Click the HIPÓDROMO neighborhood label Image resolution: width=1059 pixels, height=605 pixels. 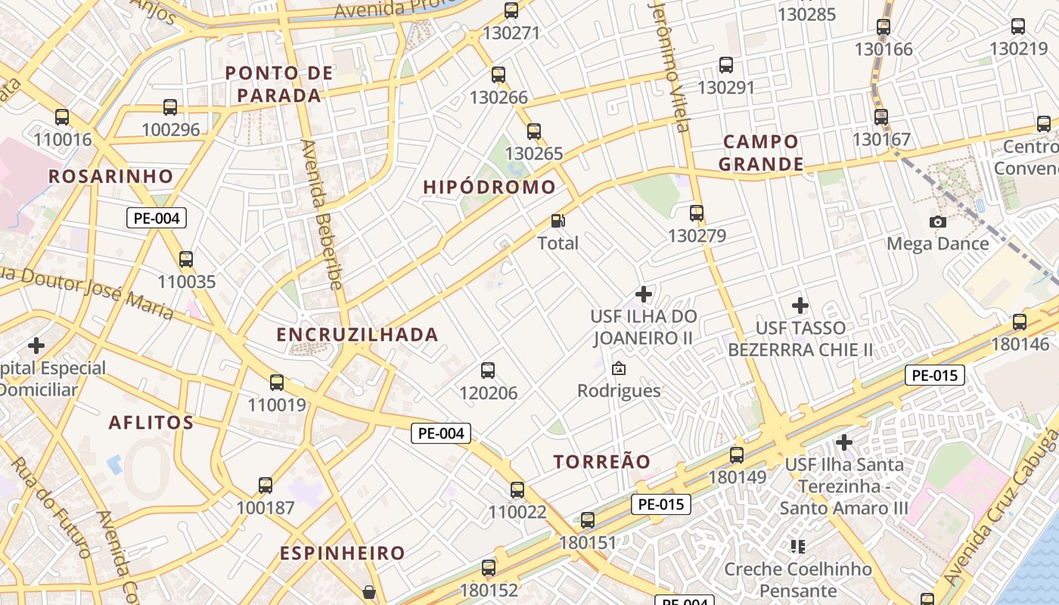(x=489, y=188)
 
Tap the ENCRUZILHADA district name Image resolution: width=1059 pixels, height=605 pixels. (x=357, y=334)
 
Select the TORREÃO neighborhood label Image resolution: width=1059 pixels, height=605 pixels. (x=601, y=461)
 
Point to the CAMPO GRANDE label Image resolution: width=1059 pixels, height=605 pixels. (x=760, y=153)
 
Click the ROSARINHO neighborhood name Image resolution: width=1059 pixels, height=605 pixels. (x=111, y=176)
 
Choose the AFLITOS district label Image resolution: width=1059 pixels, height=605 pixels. (x=151, y=422)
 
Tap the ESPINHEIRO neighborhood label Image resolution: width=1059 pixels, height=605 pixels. (x=343, y=553)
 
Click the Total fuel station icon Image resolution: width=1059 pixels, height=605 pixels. (x=558, y=221)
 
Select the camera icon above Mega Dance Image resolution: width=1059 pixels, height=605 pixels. (x=938, y=222)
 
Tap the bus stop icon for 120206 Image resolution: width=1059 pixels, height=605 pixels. (x=488, y=371)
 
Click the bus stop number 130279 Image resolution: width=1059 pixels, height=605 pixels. (x=697, y=236)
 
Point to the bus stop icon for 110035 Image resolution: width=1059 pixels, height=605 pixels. (x=186, y=259)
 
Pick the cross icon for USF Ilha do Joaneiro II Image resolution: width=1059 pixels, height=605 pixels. (x=644, y=293)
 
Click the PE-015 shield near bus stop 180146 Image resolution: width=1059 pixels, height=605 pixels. (x=935, y=375)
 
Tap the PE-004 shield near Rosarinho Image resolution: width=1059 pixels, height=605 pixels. (x=156, y=219)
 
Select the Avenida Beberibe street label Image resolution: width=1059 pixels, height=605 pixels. (x=322, y=214)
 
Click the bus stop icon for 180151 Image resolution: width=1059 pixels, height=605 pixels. (x=588, y=520)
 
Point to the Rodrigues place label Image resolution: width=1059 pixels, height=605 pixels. (x=619, y=391)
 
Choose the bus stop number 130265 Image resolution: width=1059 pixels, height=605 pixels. (x=534, y=154)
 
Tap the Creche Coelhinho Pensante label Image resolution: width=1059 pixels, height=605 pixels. (x=798, y=579)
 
